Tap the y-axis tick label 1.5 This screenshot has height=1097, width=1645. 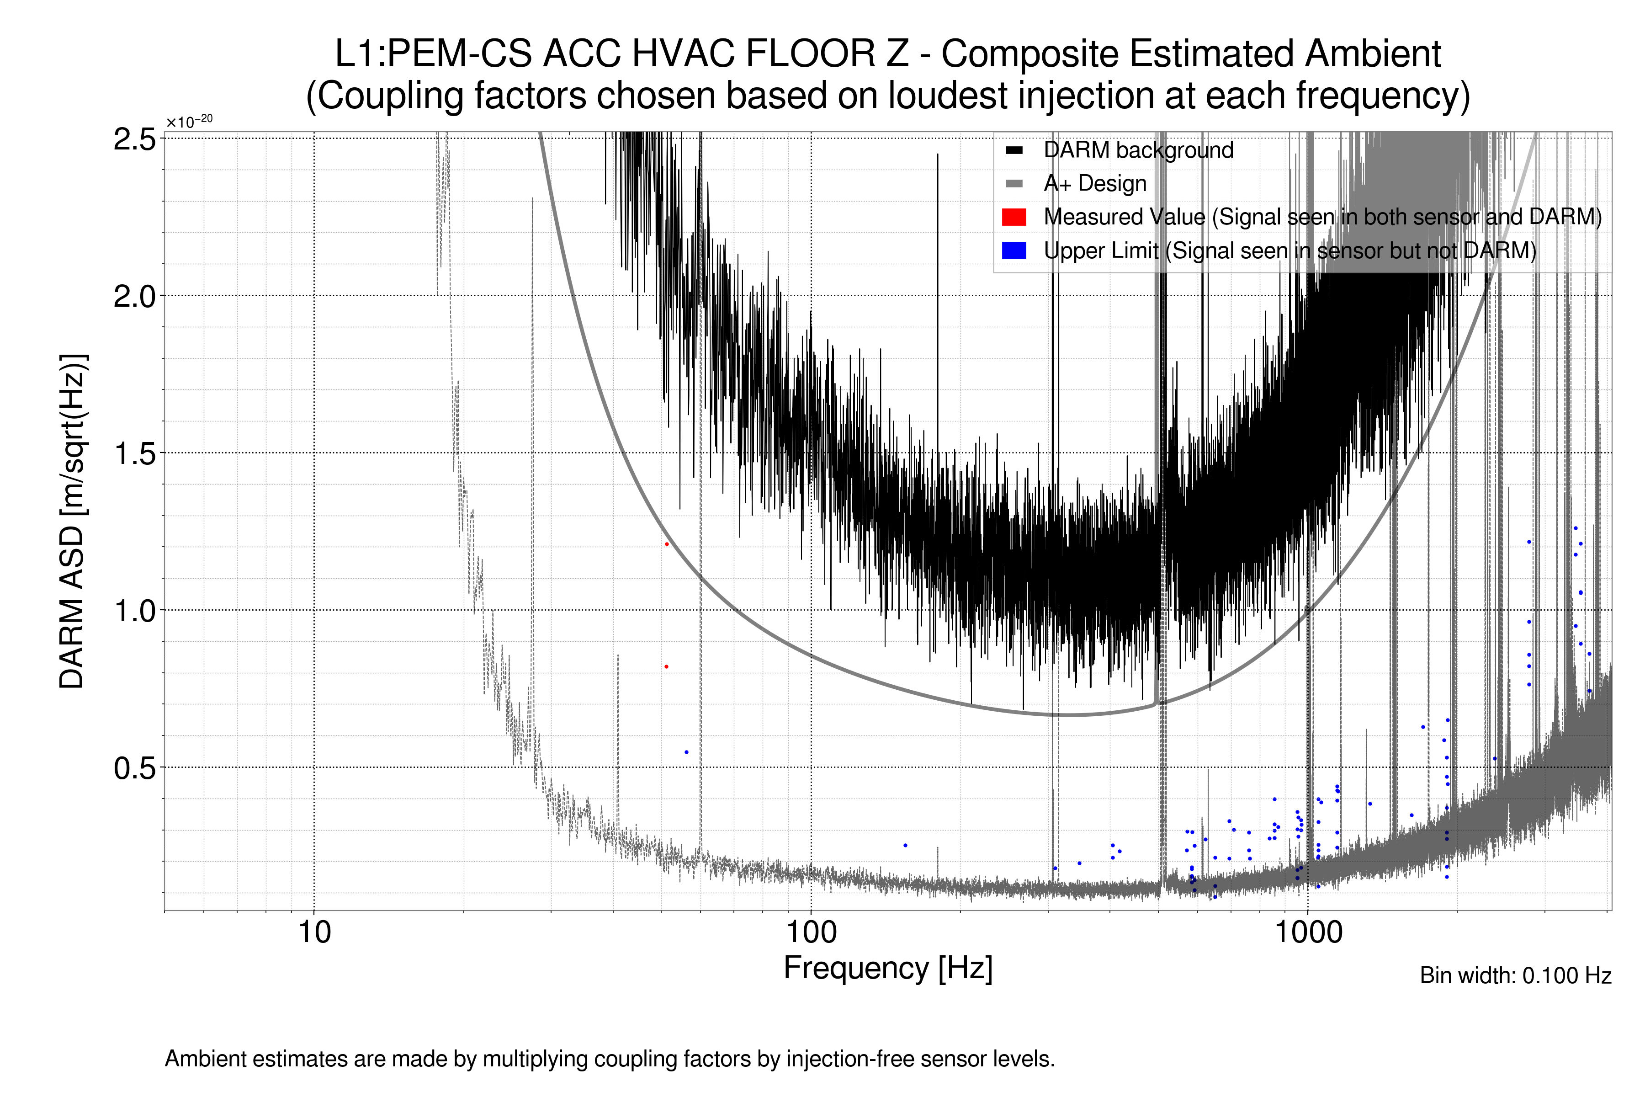point(134,454)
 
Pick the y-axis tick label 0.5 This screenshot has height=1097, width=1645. point(134,768)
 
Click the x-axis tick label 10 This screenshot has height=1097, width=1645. point(314,932)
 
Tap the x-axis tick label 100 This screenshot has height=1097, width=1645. point(811,932)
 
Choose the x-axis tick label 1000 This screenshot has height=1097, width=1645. point(1308,932)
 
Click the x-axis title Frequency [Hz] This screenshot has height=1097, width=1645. point(887,968)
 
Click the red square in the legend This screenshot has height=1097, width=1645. point(1014,217)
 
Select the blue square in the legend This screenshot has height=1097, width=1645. point(1014,250)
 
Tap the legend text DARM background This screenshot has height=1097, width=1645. point(1138,150)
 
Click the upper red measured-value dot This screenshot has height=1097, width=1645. point(667,543)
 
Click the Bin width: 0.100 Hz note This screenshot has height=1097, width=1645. point(1515,975)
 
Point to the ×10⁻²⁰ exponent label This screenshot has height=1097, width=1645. point(189,122)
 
